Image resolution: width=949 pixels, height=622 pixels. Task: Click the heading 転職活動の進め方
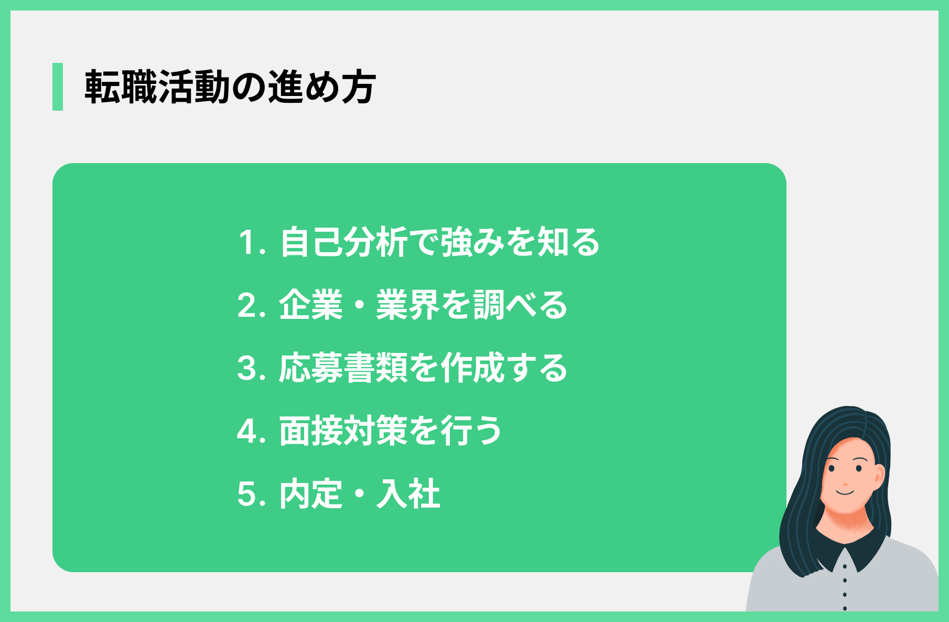click(x=230, y=87)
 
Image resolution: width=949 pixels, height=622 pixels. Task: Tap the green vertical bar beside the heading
click(x=58, y=87)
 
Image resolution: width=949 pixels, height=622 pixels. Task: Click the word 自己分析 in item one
click(x=344, y=242)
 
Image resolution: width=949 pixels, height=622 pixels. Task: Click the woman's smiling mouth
click(x=845, y=491)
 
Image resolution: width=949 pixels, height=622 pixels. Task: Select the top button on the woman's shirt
click(x=845, y=566)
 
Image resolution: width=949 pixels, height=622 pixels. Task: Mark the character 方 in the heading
click(x=359, y=87)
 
